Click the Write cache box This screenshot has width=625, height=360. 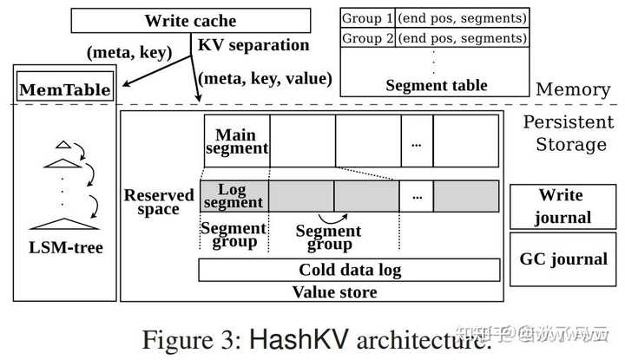click(189, 19)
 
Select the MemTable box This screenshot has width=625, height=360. click(64, 89)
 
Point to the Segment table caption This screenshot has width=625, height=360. click(436, 85)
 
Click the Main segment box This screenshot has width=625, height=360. click(236, 141)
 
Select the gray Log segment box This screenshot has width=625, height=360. click(233, 197)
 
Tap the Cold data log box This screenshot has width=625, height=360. click(349, 270)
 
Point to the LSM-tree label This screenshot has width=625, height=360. click(65, 248)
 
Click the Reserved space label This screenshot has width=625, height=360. click(159, 202)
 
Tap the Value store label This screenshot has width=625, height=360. click(334, 291)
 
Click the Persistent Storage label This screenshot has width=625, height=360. click(563, 134)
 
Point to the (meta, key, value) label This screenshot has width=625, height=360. click(266, 78)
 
